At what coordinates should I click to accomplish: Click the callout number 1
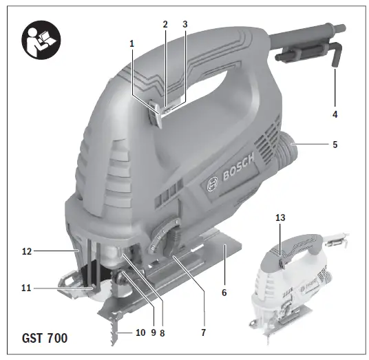(x=131, y=43)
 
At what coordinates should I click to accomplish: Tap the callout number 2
(x=165, y=24)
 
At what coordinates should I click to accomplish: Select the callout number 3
(x=184, y=24)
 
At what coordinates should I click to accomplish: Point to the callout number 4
(x=335, y=114)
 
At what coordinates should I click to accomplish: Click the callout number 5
(x=335, y=146)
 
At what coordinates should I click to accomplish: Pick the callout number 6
(x=224, y=292)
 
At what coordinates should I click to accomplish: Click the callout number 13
(x=280, y=218)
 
